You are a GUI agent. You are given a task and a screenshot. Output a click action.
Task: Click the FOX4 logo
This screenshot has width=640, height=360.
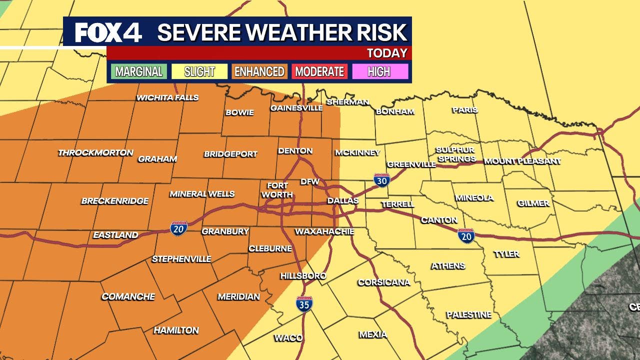point(108,32)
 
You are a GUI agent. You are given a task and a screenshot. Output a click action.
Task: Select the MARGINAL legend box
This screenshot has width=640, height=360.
point(138,71)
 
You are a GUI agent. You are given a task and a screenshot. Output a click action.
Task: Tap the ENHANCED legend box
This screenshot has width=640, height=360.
point(259,71)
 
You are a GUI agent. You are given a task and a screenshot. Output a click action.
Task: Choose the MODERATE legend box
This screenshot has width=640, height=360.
point(319,71)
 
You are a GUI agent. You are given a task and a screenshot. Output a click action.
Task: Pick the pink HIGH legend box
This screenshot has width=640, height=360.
point(379,71)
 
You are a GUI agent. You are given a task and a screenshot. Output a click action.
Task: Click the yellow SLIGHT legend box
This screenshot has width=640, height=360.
point(199,71)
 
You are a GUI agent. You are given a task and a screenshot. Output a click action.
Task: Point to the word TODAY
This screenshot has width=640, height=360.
point(387,53)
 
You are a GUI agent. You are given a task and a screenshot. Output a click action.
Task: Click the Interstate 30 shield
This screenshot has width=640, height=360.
point(381,180)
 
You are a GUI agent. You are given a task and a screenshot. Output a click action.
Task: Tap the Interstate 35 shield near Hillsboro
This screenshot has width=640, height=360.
point(304,303)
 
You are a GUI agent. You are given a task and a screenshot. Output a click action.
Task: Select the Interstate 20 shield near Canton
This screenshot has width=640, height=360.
point(466,235)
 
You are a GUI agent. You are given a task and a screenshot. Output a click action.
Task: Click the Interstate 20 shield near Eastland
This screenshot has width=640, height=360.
point(178,228)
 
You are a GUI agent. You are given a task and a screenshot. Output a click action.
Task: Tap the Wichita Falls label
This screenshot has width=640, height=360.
point(167,97)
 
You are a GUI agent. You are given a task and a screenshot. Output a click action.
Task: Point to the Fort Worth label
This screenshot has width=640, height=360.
point(277,190)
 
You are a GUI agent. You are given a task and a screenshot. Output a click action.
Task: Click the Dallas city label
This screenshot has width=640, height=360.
point(343,200)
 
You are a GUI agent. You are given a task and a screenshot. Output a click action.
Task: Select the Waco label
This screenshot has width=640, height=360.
point(288,338)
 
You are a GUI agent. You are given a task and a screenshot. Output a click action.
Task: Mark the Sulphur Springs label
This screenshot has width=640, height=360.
point(455,154)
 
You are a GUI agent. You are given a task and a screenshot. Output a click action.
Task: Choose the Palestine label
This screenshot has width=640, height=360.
point(468,314)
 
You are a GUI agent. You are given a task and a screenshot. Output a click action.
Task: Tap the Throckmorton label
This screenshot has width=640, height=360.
point(95,152)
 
